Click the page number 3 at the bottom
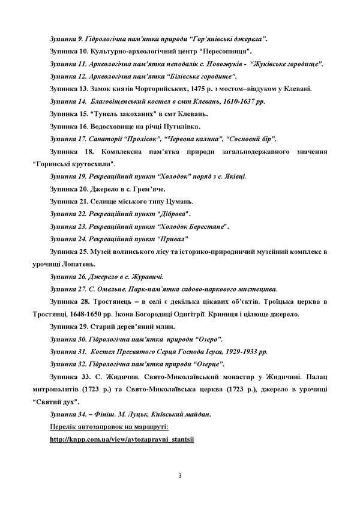point(180,477)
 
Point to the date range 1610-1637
point(230,101)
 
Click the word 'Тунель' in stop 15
point(104,114)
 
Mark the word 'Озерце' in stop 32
point(207,364)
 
